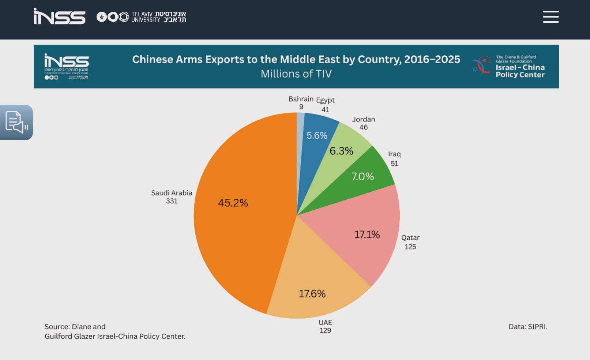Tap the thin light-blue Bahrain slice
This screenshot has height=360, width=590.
click(300, 124)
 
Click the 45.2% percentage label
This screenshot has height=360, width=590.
click(233, 203)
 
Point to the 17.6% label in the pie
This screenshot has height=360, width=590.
click(312, 293)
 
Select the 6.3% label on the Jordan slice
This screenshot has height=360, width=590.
click(341, 151)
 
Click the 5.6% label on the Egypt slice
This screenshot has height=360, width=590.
click(317, 135)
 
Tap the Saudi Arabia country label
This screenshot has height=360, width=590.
click(172, 193)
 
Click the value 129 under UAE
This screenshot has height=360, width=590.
click(325, 331)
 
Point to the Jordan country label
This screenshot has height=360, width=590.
click(363, 119)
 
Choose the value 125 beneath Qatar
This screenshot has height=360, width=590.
click(410, 247)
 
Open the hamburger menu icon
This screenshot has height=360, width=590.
click(550, 17)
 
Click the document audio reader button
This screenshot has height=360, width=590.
click(16, 122)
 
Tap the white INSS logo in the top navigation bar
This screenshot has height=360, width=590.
click(60, 16)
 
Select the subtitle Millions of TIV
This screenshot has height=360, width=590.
click(296, 74)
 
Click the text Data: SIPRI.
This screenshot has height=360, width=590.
click(528, 327)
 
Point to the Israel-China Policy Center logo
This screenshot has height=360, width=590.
click(508, 66)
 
